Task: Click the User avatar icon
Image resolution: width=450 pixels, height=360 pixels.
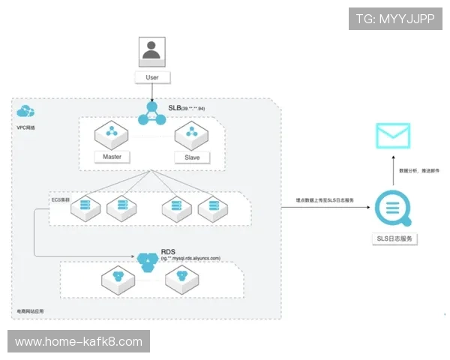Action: [152, 50]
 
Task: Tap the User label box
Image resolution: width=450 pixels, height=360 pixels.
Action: [152, 77]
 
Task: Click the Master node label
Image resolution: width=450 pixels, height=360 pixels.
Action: [111, 157]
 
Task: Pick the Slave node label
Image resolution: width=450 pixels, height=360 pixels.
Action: [192, 157]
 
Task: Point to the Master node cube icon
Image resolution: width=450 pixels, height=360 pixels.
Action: [111, 135]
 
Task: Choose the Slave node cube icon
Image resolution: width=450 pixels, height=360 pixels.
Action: [191, 135]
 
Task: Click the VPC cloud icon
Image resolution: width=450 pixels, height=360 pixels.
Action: [25, 112]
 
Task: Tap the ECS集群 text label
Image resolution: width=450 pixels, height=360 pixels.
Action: [59, 202]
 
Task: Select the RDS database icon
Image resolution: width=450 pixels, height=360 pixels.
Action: [147, 259]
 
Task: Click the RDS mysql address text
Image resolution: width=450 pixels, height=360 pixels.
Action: [190, 258]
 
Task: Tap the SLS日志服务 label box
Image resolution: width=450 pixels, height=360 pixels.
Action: [395, 239]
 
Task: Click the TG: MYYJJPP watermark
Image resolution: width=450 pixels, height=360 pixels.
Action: [394, 19]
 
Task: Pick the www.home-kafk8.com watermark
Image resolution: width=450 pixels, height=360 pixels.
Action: [78, 342]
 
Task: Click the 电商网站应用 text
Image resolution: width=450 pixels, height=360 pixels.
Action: [31, 310]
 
